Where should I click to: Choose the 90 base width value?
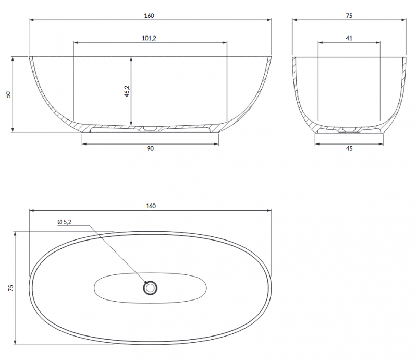tap(150, 149)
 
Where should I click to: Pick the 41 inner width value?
tap(349, 38)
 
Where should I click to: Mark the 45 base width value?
tap(349, 149)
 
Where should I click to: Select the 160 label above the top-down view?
tap(150, 206)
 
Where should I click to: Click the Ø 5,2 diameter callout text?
tap(65, 222)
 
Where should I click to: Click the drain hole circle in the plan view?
tap(150, 287)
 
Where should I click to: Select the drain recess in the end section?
tap(349, 128)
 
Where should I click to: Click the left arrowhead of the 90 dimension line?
tap(84, 142)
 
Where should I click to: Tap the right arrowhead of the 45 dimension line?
tap(382, 142)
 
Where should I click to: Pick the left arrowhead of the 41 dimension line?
tap(320, 42)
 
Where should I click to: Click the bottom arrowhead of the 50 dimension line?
tap(12, 130)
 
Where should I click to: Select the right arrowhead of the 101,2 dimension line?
tap(225, 42)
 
